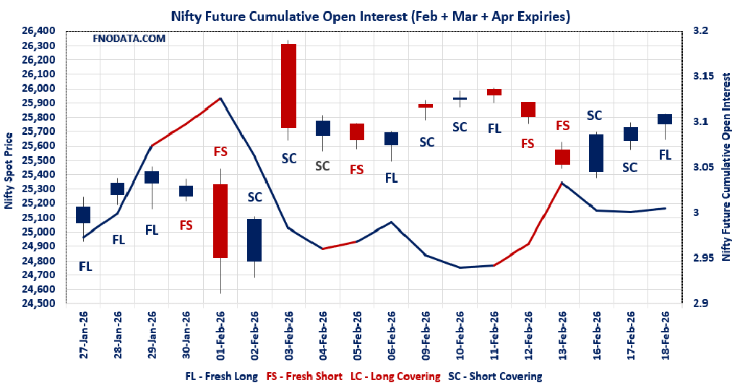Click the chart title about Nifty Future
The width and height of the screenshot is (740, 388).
click(369, 15)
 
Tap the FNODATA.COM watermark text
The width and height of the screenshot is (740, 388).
click(129, 38)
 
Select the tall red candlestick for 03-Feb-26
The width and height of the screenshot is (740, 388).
click(288, 85)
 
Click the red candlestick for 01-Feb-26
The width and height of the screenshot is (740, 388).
click(220, 220)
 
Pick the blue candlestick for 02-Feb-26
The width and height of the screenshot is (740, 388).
click(254, 240)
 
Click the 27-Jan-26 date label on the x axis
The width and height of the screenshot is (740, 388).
click(85, 335)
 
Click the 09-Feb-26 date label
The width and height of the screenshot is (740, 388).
click(426, 335)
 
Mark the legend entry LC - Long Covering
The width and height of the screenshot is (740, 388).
click(395, 376)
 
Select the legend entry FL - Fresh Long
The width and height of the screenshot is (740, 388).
click(221, 376)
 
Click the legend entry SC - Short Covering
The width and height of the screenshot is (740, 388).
click(495, 376)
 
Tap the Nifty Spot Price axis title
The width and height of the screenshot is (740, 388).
click(9, 171)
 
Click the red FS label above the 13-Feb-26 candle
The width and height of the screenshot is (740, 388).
click(563, 126)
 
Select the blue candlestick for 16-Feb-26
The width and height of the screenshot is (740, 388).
click(597, 152)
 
